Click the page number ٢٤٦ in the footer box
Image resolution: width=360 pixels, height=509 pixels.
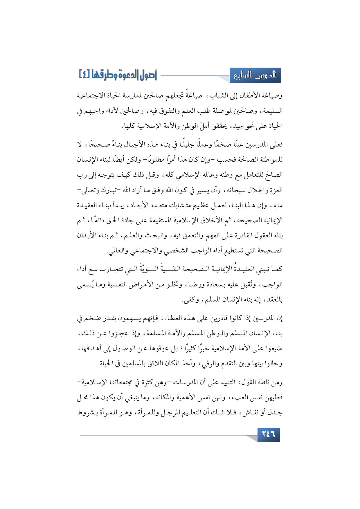[269, 434]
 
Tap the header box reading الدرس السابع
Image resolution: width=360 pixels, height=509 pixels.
[255, 75]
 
